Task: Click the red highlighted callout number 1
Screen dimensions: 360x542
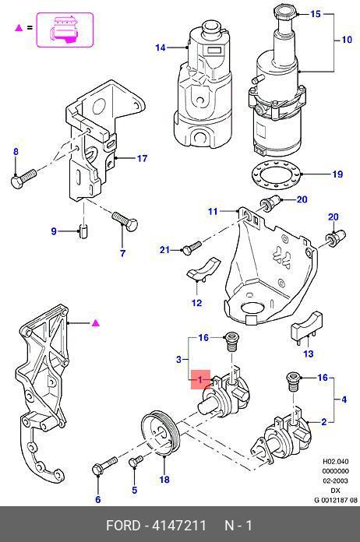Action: click(x=200, y=380)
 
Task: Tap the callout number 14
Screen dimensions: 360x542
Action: click(x=161, y=48)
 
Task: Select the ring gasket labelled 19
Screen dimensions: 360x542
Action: click(x=277, y=174)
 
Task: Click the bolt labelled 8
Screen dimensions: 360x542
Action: click(x=23, y=178)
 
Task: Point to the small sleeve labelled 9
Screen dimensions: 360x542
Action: click(x=83, y=231)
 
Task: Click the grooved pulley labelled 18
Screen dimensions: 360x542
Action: click(x=161, y=433)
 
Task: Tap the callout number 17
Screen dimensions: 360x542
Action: click(x=142, y=159)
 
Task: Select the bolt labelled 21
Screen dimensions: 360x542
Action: click(x=191, y=248)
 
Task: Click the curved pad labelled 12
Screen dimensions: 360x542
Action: click(x=203, y=268)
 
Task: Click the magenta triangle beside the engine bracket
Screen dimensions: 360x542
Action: click(x=96, y=323)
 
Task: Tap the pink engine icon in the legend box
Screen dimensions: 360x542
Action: click(x=65, y=30)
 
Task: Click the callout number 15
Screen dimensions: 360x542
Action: click(x=316, y=14)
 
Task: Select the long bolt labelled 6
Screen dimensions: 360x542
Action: click(x=104, y=465)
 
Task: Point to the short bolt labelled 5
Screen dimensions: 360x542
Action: click(x=136, y=462)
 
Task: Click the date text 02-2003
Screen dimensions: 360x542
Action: click(x=335, y=480)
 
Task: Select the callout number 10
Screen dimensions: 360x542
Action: click(x=347, y=40)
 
